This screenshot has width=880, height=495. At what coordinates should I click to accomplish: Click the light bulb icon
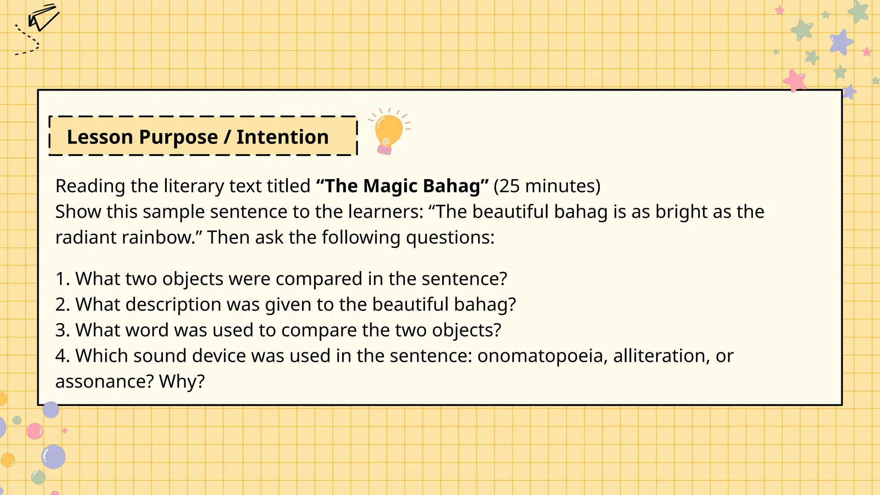click(388, 131)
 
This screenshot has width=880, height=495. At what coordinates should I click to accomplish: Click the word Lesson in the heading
click(100, 137)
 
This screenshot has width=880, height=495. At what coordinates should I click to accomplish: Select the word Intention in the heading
click(282, 137)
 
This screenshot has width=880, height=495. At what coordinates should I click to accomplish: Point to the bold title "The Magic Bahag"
click(402, 186)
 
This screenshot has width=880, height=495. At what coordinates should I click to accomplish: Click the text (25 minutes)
click(547, 186)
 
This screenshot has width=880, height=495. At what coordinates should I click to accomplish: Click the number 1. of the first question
click(62, 279)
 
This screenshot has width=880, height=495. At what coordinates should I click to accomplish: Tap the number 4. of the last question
click(62, 356)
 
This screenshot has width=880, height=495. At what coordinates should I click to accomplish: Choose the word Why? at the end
click(182, 382)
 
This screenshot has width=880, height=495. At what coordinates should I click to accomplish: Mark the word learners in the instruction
click(385, 212)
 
